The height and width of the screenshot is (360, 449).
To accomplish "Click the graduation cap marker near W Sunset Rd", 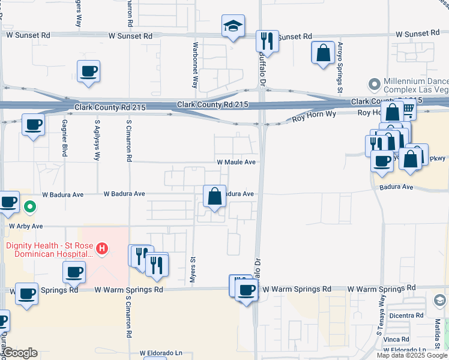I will [233, 26].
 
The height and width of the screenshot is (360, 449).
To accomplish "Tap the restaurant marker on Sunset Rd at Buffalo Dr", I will [266, 41].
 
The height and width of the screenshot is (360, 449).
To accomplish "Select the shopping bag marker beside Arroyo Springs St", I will [323, 52].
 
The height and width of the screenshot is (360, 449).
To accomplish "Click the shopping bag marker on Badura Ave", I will [214, 196].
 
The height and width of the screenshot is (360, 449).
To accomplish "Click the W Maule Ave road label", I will [237, 162].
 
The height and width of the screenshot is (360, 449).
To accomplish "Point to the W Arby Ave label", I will [26, 226].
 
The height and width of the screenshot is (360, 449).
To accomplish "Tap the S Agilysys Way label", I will [97, 140].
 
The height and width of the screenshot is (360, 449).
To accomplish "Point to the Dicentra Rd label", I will [406, 315].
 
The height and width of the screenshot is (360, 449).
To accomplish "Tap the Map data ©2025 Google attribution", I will [412, 355].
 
